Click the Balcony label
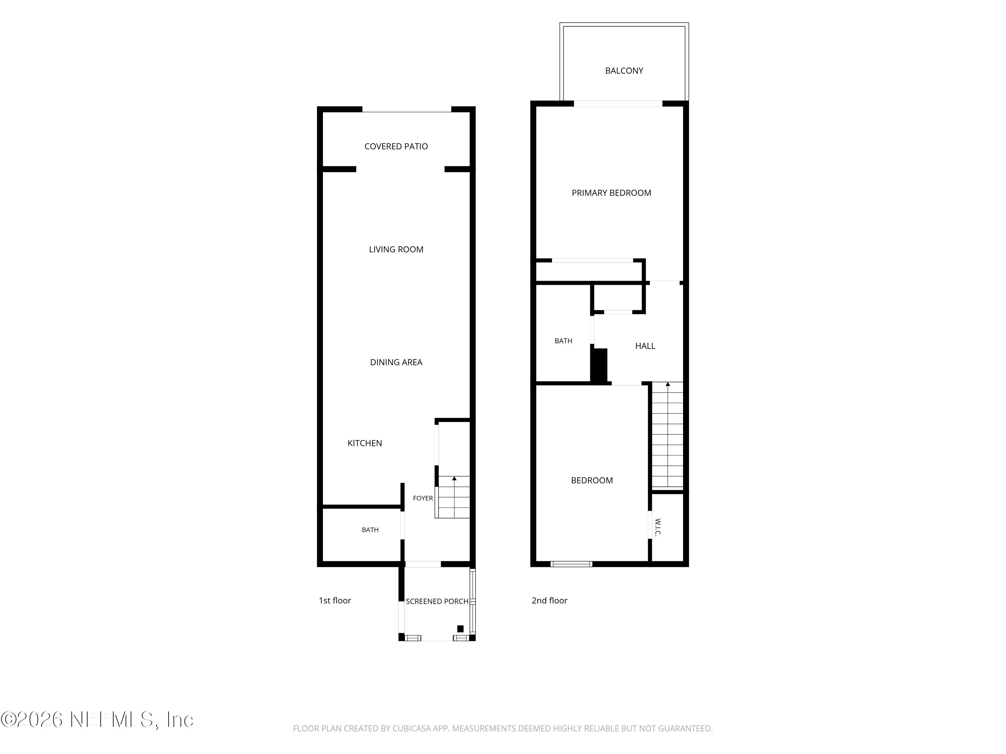tap(624, 71)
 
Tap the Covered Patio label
tap(396, 146)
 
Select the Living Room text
tap(396, 250)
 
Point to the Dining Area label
tap(396, 362)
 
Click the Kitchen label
tap(365, 443)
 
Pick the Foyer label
tap(423, 498)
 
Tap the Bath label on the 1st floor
tap(370, 530)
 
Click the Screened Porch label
tap(437, 601)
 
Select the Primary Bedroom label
tap(611, 193)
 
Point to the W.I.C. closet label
tap(658, 527)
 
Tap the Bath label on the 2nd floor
tap(563, 341)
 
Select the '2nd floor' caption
tap(549, 601)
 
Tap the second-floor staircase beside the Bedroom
tap(668, 435)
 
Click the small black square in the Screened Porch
tap(460, 629)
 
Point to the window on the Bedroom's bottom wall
tap(571, 564)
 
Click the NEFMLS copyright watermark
tap(97, 719)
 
